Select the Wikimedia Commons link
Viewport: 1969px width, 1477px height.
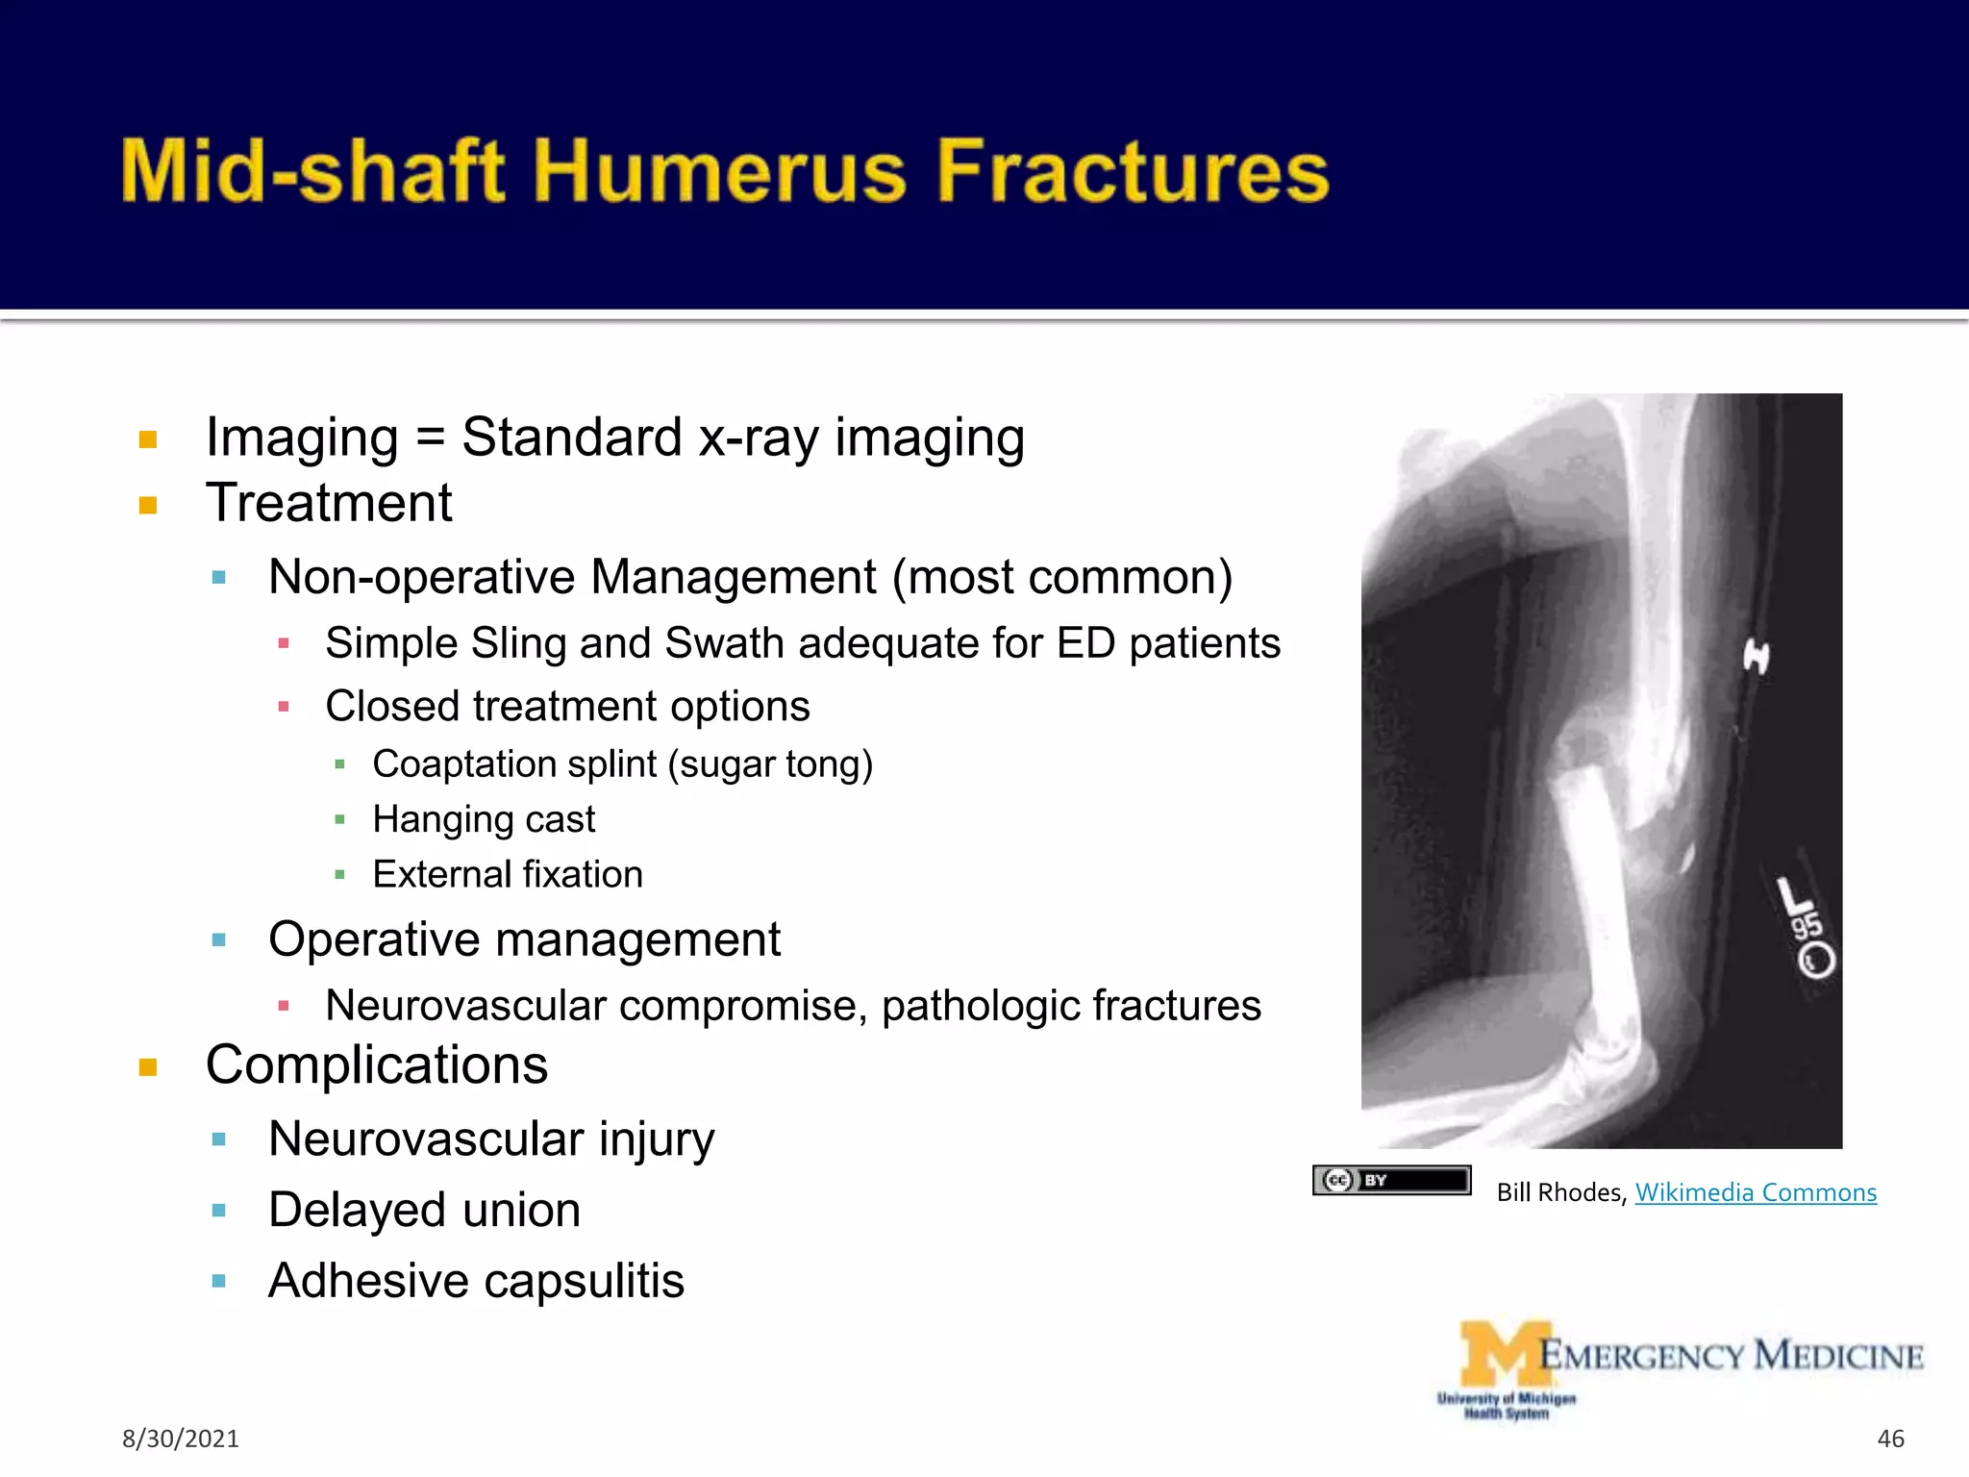pos(1756,1192)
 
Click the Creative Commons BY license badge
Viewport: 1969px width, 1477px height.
pos(1391,1180)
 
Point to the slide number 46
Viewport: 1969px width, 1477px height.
pos(1890,1439)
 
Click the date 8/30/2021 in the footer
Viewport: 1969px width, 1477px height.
pos(180,1439)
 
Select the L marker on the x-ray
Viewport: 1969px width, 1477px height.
pos(1794,896)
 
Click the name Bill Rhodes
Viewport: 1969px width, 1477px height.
pos(1559,1192)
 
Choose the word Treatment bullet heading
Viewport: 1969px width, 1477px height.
pos(329,503)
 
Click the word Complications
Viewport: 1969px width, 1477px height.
pos(377,1065)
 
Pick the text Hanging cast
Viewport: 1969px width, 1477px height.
pos(484,819)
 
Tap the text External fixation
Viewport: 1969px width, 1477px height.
pos(508,875)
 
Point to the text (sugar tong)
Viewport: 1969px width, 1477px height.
pos(770,764)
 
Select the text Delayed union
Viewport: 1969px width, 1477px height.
pos(424,1210)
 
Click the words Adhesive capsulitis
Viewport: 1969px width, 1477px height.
pos(476,1281)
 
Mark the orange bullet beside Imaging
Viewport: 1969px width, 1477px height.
pos(148,440)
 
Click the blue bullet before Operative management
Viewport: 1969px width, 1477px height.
pos(219,939)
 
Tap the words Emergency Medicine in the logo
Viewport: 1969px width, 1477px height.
pos(1731,1356)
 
